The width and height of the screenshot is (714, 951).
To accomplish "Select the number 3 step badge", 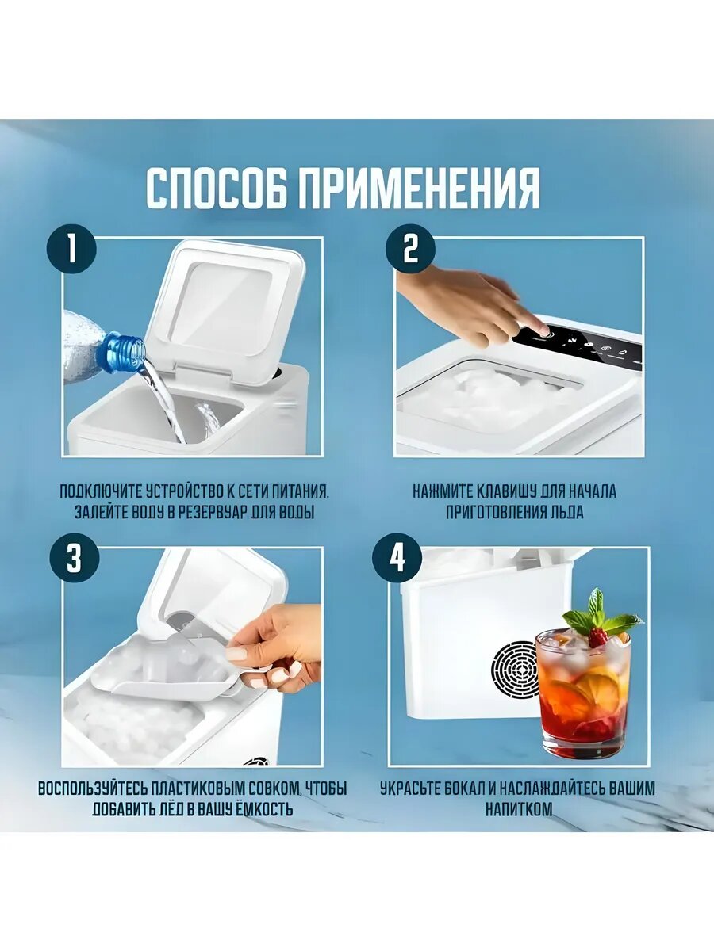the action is [75, 558].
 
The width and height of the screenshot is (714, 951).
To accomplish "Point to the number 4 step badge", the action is [397, 558].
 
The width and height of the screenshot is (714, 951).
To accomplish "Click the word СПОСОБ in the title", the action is [217, 188].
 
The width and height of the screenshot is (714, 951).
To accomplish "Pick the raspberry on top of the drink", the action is [598, 638].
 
